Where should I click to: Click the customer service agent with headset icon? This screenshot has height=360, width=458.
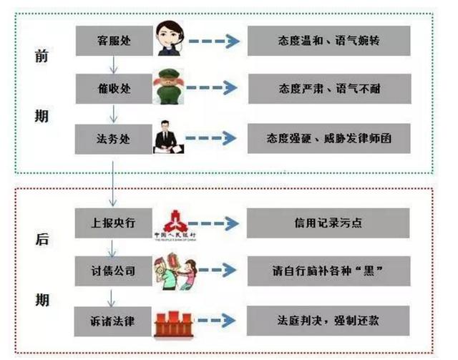click(x=171, y=40)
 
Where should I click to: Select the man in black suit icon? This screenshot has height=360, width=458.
click(x=170, y=137)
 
